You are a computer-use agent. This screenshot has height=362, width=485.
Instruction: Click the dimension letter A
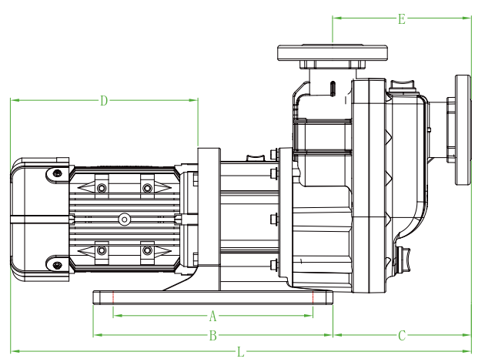(213, 316)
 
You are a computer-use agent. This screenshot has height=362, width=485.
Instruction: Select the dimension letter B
(213, 335)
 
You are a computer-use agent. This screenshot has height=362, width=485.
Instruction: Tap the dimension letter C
(402, 335)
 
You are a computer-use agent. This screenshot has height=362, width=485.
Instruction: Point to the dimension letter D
(105, 100)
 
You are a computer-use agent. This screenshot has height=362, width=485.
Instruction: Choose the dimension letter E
(402, 19)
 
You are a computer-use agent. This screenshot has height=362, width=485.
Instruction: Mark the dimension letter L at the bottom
(241, 352)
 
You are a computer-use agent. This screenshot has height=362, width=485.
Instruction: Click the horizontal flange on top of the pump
(332, 52)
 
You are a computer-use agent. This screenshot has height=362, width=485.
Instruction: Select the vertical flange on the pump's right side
(462, 129)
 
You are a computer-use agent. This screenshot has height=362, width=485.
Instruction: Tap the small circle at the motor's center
(124, 220)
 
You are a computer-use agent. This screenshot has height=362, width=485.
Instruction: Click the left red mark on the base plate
(113, 297)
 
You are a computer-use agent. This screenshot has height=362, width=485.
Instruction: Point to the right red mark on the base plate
(314, 297)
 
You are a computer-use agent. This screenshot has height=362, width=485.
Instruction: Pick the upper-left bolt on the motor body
(101, 188)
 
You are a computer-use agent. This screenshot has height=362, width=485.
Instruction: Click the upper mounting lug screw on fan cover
(57, 174)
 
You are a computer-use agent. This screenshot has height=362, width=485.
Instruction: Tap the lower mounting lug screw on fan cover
(57, 265)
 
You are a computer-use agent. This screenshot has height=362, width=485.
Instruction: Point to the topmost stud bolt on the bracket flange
(274, 155)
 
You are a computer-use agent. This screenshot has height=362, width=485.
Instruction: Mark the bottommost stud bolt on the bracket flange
(274, 266)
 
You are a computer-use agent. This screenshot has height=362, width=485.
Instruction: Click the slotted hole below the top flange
(332, 86)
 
